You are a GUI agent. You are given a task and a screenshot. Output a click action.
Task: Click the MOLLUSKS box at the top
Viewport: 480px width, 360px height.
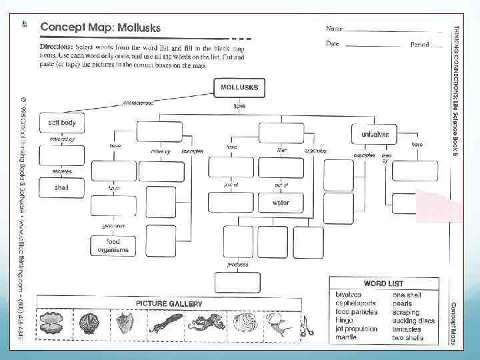pyautogui.click(x=239, y=87)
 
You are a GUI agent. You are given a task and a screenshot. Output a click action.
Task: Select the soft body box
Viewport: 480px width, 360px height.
pyautogui.click(x=63, y=123)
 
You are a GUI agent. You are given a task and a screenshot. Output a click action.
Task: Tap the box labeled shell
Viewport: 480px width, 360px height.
pyautogui.click(x=61, y=189)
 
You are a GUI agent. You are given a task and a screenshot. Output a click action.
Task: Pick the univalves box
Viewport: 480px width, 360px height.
pyautogui.click(x=375, y=134)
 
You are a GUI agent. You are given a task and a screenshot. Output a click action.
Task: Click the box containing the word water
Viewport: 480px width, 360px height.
pyautogui.click(x=280, y=202)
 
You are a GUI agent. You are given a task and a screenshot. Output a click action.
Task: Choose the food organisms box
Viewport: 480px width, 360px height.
pyautogui.click(x=113, y=245)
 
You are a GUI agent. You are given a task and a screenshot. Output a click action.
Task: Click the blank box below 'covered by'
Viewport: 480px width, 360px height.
pyautogui.click(x=61, y=156)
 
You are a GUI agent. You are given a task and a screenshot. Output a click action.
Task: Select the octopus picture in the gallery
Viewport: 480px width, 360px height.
pyautogui.click(x=201, y=325)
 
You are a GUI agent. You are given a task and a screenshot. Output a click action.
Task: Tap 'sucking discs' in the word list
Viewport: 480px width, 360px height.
pyautogui.click(x=413, y=321)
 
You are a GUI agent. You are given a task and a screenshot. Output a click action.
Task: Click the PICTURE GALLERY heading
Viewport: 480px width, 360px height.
pyautogui.click(x=169, y=303)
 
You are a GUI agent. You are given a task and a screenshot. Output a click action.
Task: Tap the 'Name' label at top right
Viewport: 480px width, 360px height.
pyautogui.click(x=335, y=29)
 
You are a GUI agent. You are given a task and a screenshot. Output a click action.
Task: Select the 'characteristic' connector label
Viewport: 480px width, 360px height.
pyautogui.click(x=139, y=103)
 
